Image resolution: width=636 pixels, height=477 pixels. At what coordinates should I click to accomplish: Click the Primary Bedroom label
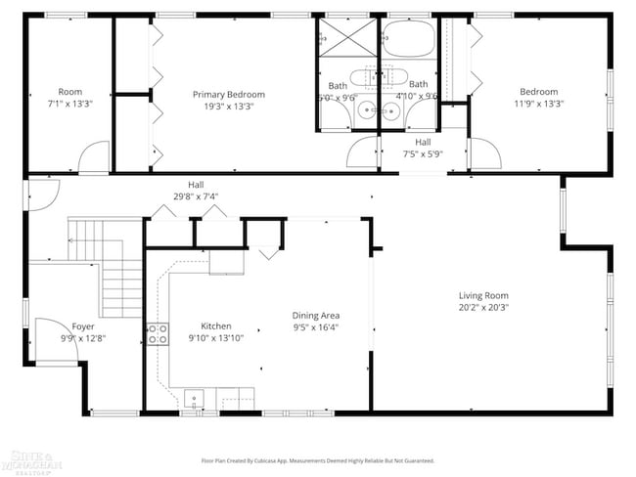click(x=228, y=94)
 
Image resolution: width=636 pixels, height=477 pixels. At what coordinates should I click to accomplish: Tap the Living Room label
click(x=483, y=296)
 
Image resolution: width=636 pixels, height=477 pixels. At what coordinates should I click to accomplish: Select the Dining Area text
click(x=316, y=316)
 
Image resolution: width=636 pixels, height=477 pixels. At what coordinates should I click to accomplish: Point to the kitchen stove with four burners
click(x=157, y=333)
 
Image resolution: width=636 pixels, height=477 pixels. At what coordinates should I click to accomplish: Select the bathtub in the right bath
click(x=409, y=39)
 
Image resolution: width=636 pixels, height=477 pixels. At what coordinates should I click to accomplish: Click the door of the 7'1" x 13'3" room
click(x=93, y=156)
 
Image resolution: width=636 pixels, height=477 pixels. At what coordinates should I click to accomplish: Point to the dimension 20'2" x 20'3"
click(x=483, y=308)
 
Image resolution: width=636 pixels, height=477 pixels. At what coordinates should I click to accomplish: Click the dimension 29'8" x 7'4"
click(x=197, y=196)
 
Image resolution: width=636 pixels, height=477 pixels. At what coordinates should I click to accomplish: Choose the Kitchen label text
click(x=215, y=325)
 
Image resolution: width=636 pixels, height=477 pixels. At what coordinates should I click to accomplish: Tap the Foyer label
click(x=83, y=326)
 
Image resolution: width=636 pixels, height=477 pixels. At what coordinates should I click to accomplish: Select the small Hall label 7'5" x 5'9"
click(x=423, y=143)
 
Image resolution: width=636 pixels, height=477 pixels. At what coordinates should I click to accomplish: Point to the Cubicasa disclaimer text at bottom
click(x=317, y=460)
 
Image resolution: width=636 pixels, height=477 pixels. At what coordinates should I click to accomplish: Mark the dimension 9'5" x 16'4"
click(x=316, y=327)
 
